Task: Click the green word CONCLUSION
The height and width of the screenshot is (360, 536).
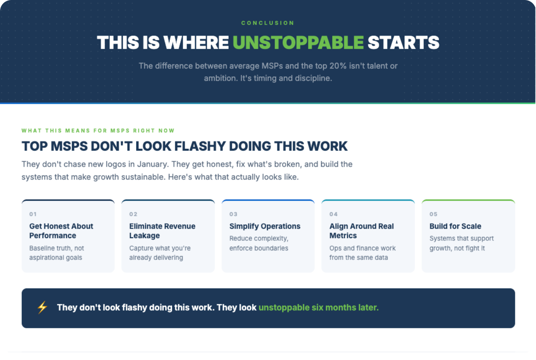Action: tap(268, 23)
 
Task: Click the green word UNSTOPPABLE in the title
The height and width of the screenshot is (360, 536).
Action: tap(298, 43)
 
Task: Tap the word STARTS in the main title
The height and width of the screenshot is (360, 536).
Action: tap(403, 43)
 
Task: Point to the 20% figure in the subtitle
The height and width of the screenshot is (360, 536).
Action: tap(338, 66)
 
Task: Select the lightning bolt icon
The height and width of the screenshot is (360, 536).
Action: tap(42, 307)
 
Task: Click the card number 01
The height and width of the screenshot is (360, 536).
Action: tap(33, 214)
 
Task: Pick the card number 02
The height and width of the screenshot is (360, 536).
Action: tap(133, 214)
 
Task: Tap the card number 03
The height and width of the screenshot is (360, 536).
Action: tap(233, 214)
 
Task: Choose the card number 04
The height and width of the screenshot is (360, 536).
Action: tap(334, 214)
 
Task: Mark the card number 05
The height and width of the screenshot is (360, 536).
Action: tap(433, 214)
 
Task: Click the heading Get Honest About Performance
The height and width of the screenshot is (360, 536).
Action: tap(61, 231)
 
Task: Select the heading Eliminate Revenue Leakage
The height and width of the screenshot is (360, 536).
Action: tap(162, 231)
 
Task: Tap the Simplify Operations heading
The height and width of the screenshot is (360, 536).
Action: tap(265, 226)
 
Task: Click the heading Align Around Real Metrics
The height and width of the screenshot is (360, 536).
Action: tap(361, 231)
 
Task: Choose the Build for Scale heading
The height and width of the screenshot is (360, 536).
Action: tap(455, 226)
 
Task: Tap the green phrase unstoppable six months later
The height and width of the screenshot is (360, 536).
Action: tap(319, 308)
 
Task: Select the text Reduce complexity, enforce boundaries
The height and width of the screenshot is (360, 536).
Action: tap(259, 243)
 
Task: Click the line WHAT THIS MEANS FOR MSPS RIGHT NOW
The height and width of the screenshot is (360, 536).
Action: tap(98, 131)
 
